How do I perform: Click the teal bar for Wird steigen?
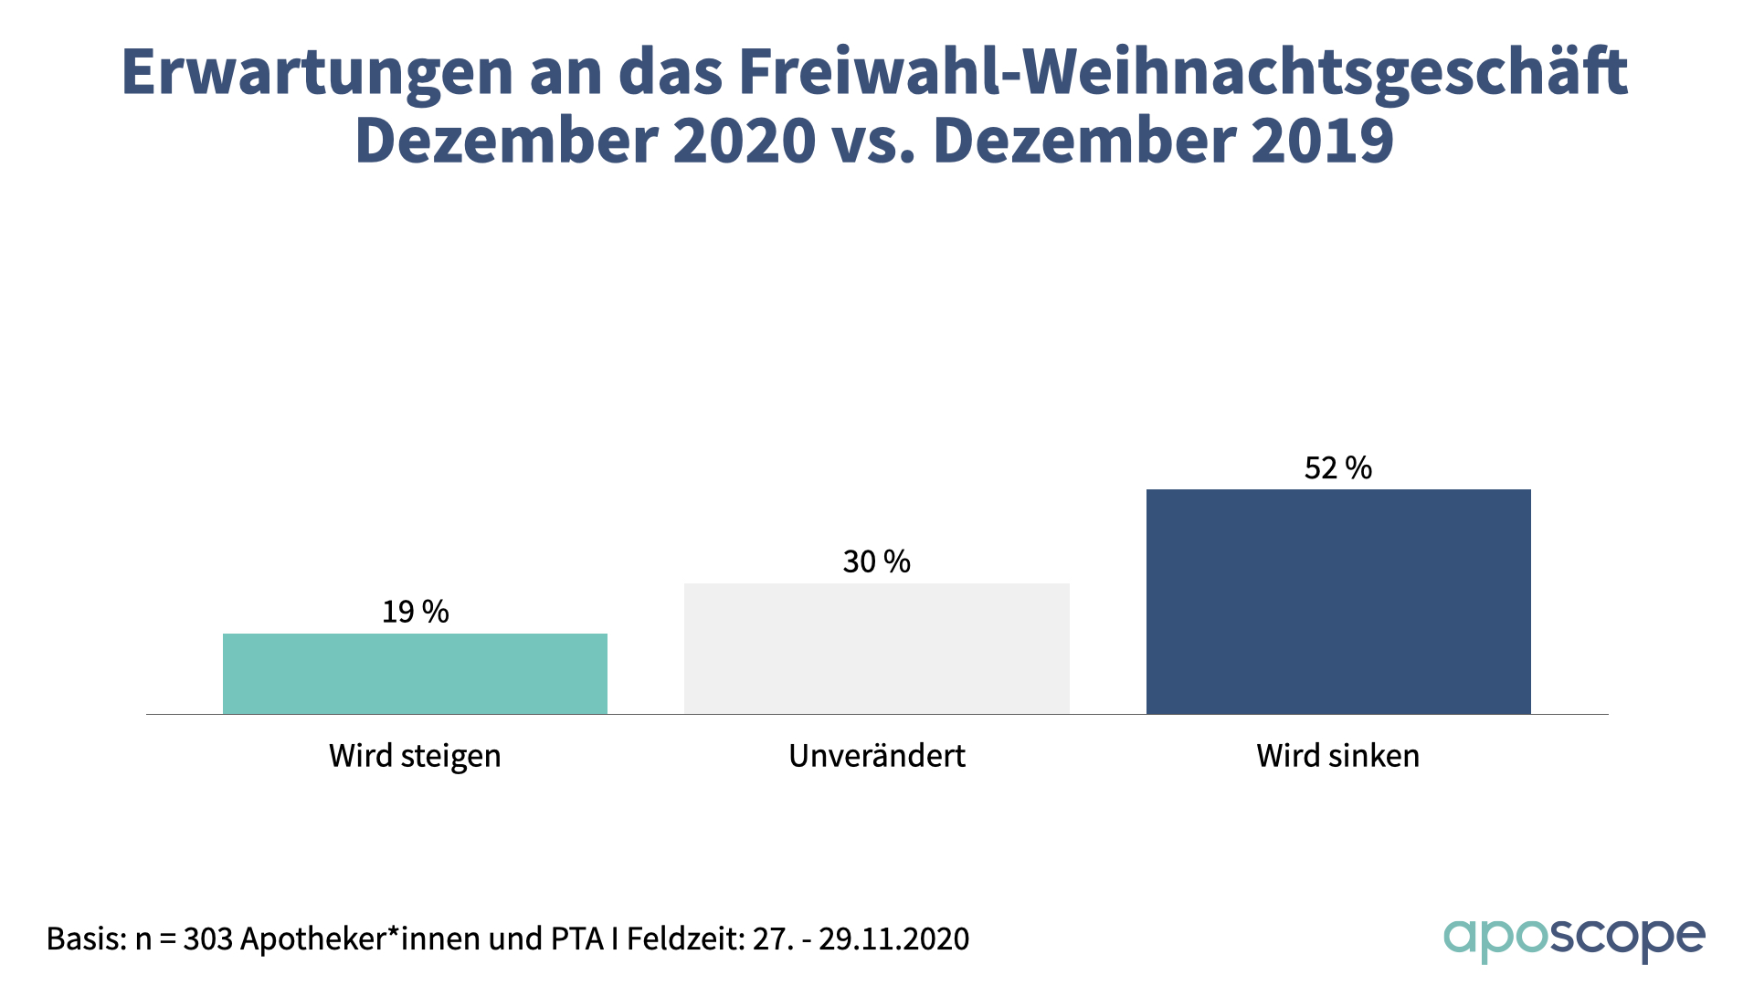(x=415, y=674)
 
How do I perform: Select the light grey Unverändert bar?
(x=877, y=648)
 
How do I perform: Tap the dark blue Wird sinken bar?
(x=1338, y=602)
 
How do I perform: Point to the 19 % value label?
(x=416, y=612)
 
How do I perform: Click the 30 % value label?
(x=877, y=561)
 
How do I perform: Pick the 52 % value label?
(x=1338, y=468)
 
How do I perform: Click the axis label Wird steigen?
(x=415, y=756)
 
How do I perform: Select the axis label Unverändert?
(x=877, y=756)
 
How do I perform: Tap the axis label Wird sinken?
(x=1338, y=756)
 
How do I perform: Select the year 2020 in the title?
(x=745, y=142)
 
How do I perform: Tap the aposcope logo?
(x=1574, y=939)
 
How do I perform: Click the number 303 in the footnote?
(x=207, y=939)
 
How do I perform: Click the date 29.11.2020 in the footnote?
(x=893, y=939)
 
